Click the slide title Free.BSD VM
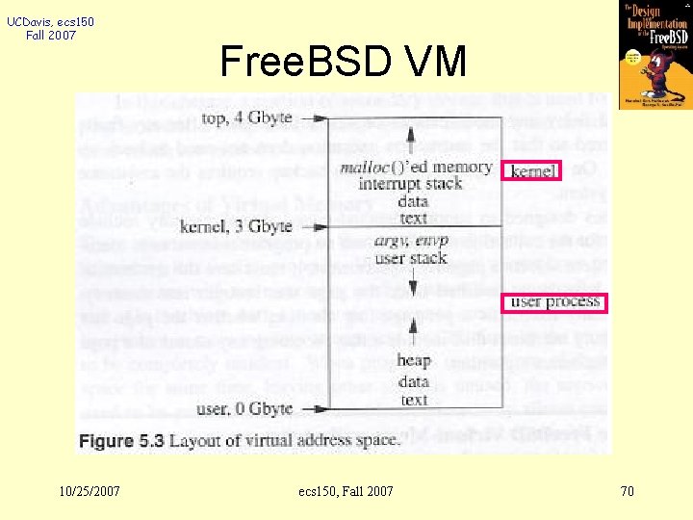click(343, 63)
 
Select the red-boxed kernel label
click(533, 171)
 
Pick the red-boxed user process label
click(555, 302)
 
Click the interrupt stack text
click(410, 184)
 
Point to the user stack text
click(412, 257)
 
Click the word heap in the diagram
click(413, 360)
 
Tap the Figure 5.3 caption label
click(119, 440)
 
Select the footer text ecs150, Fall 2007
click(346, 491)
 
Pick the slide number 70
click(627, 491)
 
